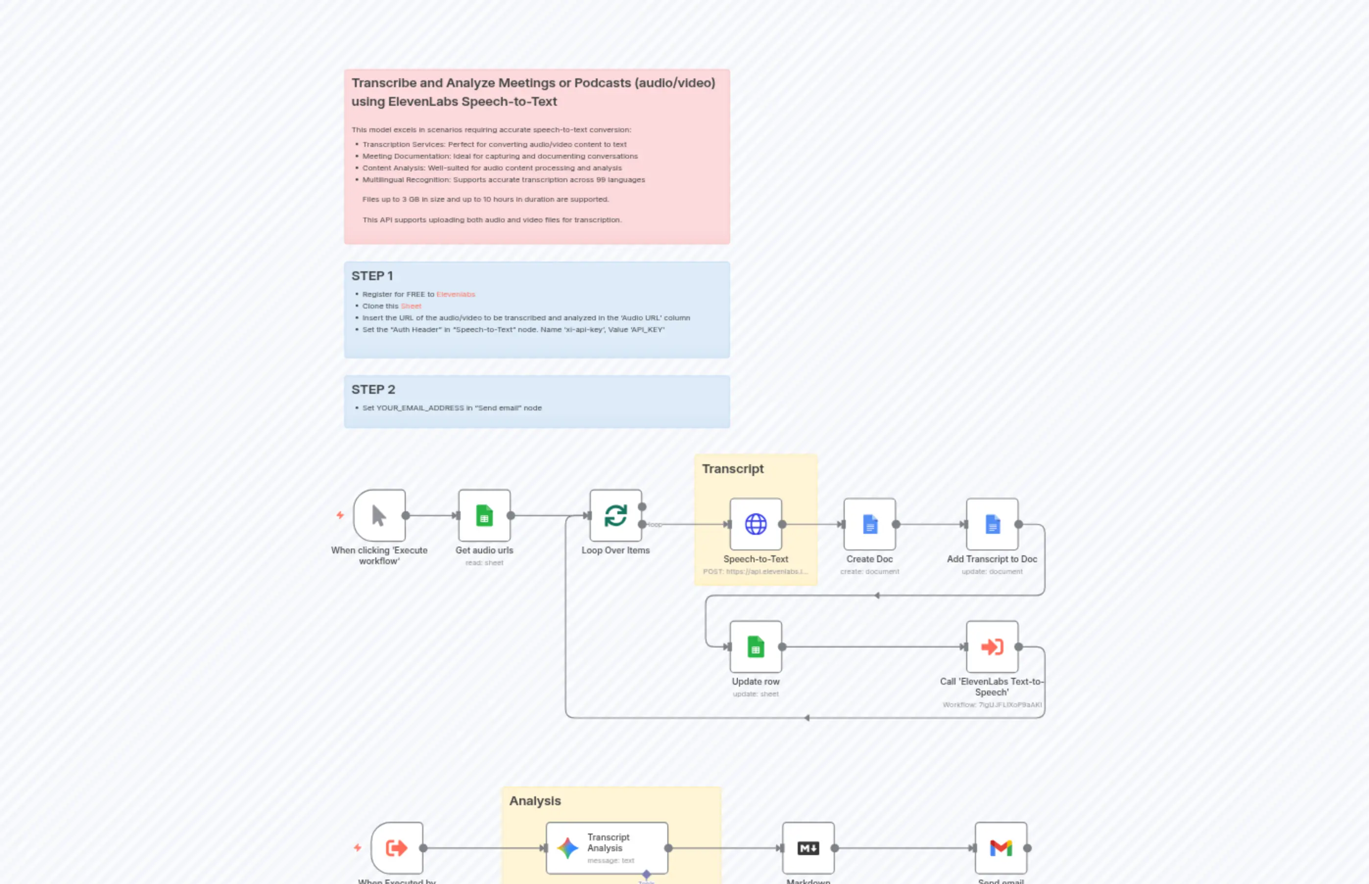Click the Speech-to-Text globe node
click(x=755, y=524)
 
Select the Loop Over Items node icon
click(x=615, y=516)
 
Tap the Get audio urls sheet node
click(x=484, y=516)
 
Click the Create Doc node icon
click(x=869, y=524)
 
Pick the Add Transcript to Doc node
click(x=992, y=524)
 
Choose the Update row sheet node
click(x=755, y=647)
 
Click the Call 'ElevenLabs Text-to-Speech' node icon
click(x=992, y=647)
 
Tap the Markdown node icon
click(x=808, y=848)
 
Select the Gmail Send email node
click(x=1001, y=848)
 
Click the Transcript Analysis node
click(x=607, y=848)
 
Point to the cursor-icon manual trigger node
click(x=379, y=516)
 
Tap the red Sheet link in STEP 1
click(x=411, y=306)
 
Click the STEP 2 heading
click(x=373, y=390)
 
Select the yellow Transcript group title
click(x=733, y=469)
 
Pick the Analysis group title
click(x=535, y=801)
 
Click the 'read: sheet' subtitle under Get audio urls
click(x=484, y=563)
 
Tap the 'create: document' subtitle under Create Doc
click(x=869, y=572)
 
